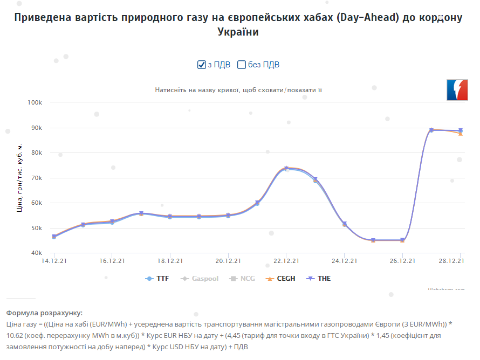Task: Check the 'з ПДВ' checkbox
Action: pyautogui.click(x=202, y=65)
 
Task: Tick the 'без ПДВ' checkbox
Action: pyautogui.click(x=242, y=65)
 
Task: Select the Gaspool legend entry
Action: pyautogui.click(x=201, y=279)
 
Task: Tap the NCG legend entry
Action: pyautogui.click(x=243, y=279)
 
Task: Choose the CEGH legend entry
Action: pyautogui.click(x=281, y=279)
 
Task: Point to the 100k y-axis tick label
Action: pyautogui.click(x=35, y=102)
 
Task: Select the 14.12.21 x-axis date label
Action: pyautogui.click(x=54, y=261)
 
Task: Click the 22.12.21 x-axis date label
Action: pyautogui.click(x=286, y=261)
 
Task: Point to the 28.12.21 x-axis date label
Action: pyautogui.click(x=451, y=261)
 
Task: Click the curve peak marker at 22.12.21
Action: pyautogui.click(x=286, y=169)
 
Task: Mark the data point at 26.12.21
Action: pyautogui.click(x=402, y=240)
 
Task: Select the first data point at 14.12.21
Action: pyautogui.click(x=54, y=237)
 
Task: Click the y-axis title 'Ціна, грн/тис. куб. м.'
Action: pyautogui.click(x=20, y=177)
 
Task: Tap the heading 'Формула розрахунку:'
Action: pyautogui.click(x=45, y=313)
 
